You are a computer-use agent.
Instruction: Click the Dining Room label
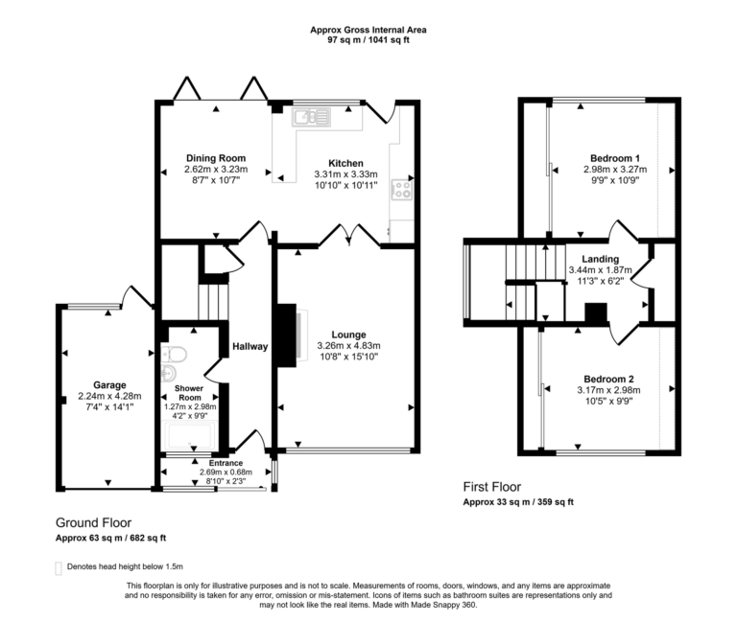point(215,158)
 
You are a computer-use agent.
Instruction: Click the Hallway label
point(249,346)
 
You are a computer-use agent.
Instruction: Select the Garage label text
point(109,384)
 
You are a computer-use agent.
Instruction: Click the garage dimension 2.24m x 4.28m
point(109,396)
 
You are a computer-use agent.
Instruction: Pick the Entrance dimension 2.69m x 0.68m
point(225,472)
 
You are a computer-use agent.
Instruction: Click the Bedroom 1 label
point(615,158)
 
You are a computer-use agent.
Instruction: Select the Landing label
point(600,259)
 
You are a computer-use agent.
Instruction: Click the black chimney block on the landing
point(596,314)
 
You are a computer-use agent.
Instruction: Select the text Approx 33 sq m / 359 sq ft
point(518,502)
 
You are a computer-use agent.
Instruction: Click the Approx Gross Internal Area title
point(368,30)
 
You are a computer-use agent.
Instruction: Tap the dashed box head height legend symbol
point(59,567)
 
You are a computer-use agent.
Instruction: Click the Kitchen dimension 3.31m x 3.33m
point(346,174)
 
